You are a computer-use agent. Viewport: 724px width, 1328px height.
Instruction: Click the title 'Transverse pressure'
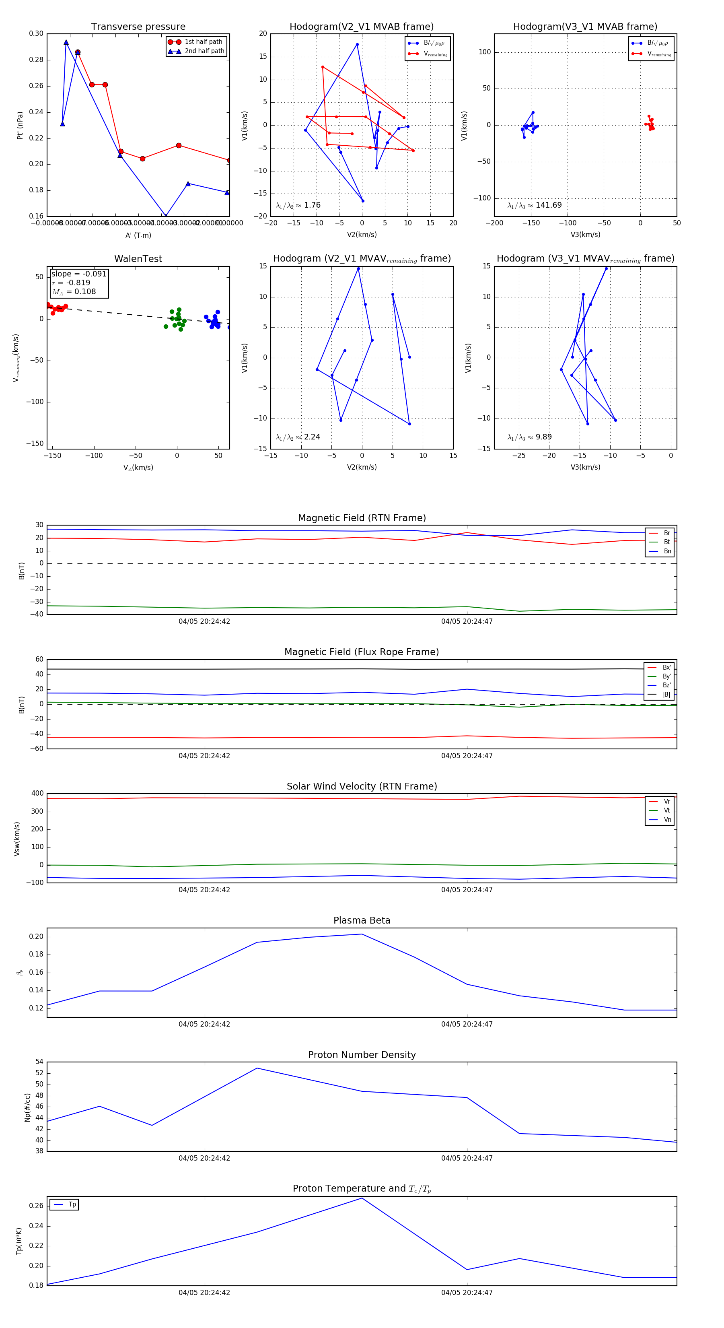pyautogui.click(x=138, y=27)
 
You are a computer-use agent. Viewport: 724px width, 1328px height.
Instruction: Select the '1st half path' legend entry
pyautogui.click(x=203, y=42)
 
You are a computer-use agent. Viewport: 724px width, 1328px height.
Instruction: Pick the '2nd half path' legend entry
pyautogui.click(x=204, y=51)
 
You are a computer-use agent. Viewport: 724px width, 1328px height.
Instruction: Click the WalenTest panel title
pyautogui.click(x=138, y=259)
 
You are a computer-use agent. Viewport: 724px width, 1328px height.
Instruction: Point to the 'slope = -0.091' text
pyautogui.click(x=79, y=274)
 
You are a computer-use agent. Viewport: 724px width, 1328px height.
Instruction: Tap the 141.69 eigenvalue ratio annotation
pyautogui.click(x=535, y=205)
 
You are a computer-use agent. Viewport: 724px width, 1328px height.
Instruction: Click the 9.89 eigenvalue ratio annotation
pyautogui.click(x=529, y=437)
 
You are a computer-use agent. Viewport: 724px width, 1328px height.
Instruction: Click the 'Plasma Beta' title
pyautogui.click(x=362, y=921)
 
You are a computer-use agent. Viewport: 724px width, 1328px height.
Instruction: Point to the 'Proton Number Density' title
pyautogui.click(x=362, y=1055)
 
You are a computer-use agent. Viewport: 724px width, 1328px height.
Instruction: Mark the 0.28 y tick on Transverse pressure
pyautogui.click(x=36, y=60)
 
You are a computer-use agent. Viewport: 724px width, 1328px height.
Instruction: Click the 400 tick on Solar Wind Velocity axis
pyautogui.click(x=37, y=794)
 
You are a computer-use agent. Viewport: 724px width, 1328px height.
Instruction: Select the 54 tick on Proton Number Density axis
pyautogui.click(x=39, y=1062)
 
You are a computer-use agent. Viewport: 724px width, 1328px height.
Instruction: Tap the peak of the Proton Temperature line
pyautogui.click(x=362, y=1198)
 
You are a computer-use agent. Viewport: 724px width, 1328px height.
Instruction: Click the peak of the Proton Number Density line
pyautogui.click(x=257, y=1068)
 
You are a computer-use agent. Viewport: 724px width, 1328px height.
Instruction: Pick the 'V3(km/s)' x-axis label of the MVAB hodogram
pyautogui.click(x=585, y=235)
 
